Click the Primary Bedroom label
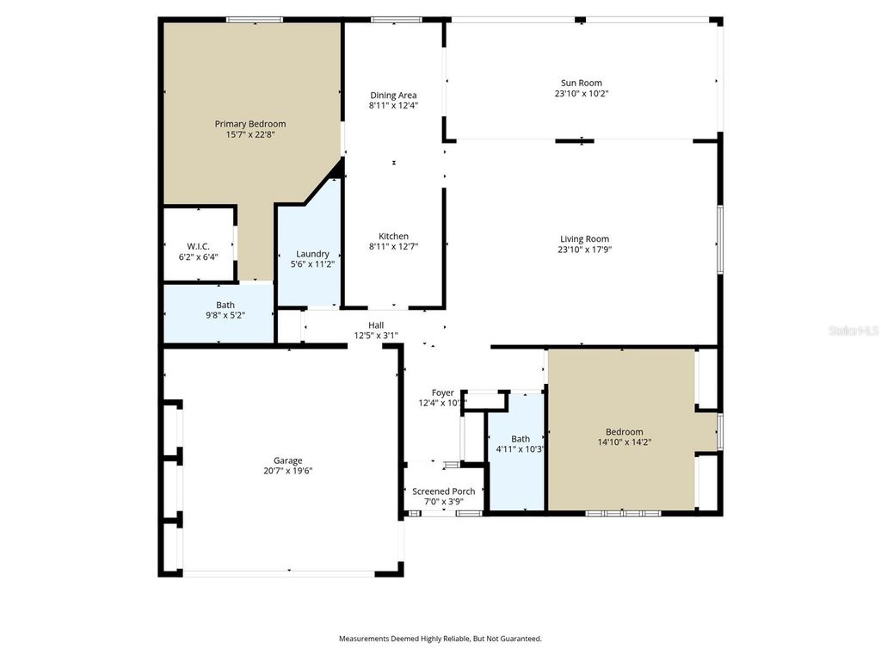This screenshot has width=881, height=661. click(x=250, y=124)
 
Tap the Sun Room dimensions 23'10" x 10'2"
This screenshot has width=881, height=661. click(x=582, y=93)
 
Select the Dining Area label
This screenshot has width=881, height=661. click(x=393, y=95)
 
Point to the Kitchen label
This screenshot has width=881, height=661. click(x=393, y=236)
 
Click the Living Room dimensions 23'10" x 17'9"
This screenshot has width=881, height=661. click(x=584, y=249)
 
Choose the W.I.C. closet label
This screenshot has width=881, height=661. click(x=199, y=246)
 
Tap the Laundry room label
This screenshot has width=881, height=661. click(x=312, y=254)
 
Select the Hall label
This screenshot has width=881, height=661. click(x=377, y=324)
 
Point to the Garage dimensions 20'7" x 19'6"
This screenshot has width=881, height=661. click(x=287, y=471)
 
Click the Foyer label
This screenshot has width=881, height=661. click(x=443, y=392)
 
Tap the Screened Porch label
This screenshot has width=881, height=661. click(x=444, y=491)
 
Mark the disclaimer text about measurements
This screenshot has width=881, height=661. click(x=440, y=639)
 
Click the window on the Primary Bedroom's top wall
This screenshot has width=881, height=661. click(x=255, y=20)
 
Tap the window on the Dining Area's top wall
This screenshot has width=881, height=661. click(x=396, y=20)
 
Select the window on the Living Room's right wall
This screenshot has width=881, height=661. click(x=720, y=239)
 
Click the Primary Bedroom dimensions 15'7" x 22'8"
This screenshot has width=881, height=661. click(x=250, y=134)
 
